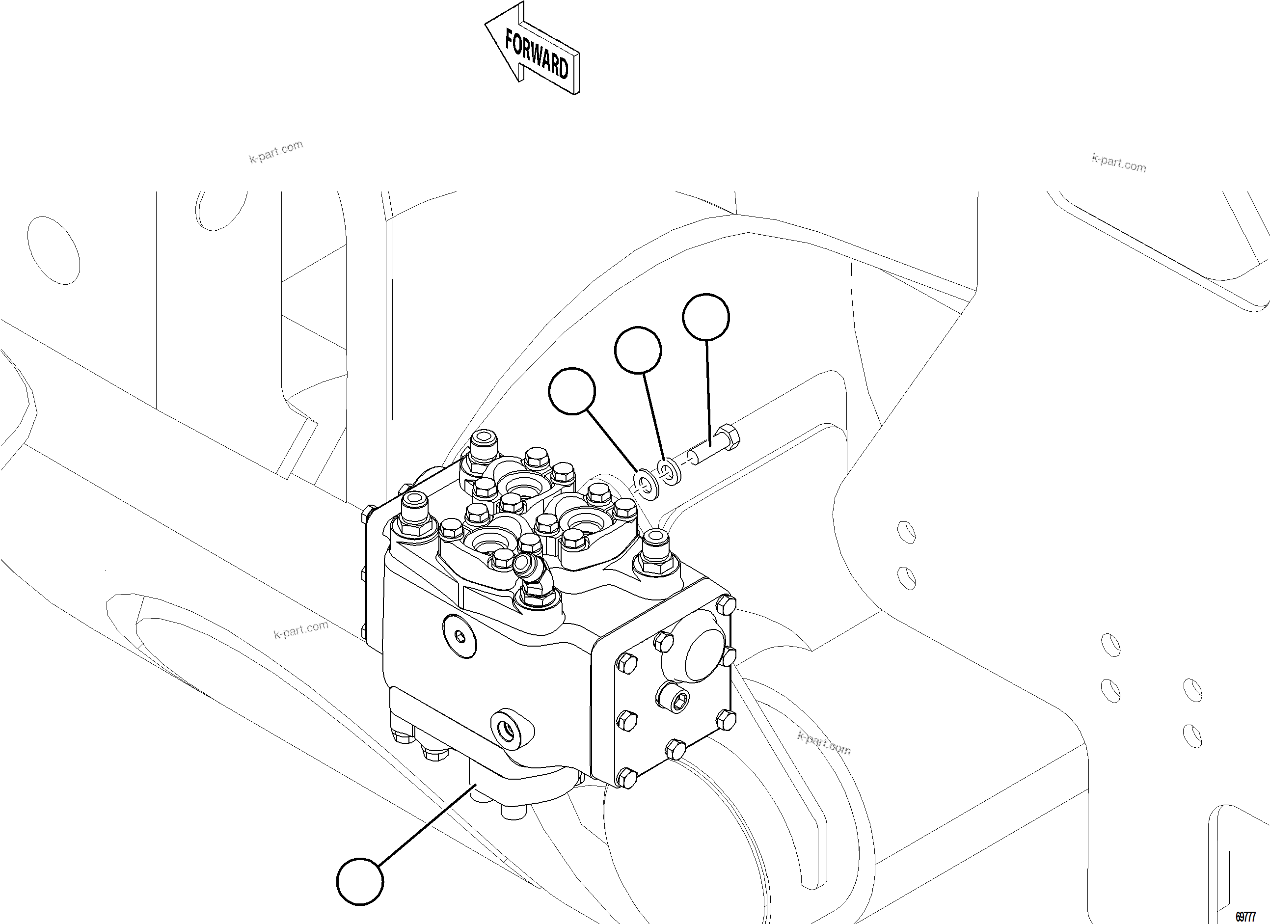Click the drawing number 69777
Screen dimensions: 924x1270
pos(1245,917)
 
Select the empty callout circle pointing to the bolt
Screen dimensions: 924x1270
pos(705,317)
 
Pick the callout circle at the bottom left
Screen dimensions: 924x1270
pos(360,881)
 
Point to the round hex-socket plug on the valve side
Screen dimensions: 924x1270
pos(459,635)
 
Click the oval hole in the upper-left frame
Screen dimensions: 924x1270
pos(53,250)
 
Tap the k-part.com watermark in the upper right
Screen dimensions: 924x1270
pos(1118,163)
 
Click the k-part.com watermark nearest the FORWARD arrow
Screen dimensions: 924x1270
pos(276,151)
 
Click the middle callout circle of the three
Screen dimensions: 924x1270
pos(637,350)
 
